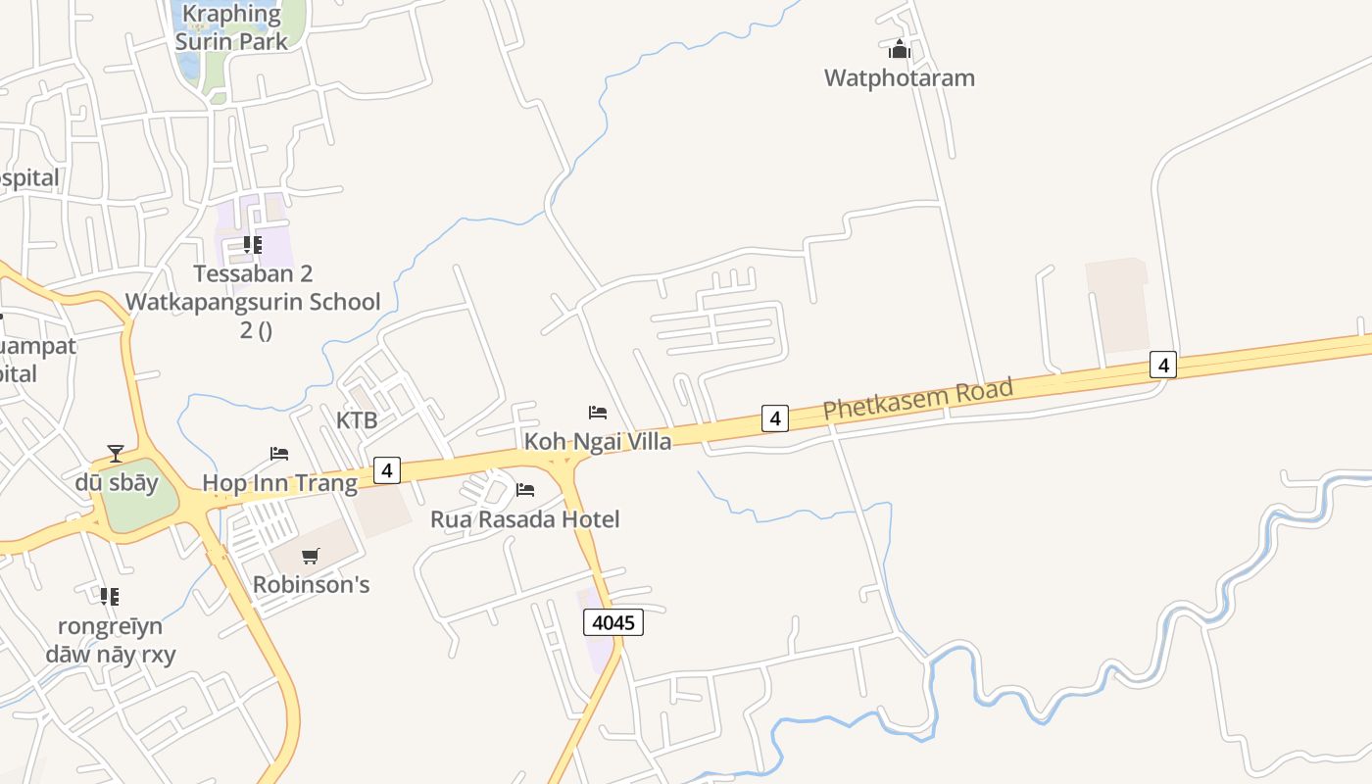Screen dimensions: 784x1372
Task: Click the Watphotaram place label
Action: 900,77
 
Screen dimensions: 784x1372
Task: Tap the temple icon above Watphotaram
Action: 900,49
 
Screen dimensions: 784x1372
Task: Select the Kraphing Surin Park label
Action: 231,27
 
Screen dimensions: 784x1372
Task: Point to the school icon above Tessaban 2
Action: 253,245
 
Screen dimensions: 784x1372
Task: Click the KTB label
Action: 357,420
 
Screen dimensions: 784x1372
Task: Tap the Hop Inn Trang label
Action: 279,483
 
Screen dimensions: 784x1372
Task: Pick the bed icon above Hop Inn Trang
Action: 279,454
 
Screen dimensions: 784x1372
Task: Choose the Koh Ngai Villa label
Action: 598,441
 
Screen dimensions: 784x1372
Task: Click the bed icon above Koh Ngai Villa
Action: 598,413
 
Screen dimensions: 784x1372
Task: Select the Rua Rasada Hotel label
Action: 525,519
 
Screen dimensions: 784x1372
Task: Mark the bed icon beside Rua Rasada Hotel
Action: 525,490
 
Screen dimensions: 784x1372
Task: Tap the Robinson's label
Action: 311,584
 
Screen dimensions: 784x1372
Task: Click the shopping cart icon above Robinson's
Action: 311,557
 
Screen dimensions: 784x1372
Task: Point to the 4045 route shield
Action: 613,622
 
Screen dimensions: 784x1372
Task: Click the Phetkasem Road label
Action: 917,400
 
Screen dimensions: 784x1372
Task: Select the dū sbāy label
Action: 117,483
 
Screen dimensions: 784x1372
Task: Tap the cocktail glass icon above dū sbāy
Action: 116,454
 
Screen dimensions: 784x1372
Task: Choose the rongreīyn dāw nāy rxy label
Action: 110,640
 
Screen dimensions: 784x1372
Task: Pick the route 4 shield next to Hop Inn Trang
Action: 387,470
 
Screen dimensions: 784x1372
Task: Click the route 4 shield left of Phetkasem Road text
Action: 775,418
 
